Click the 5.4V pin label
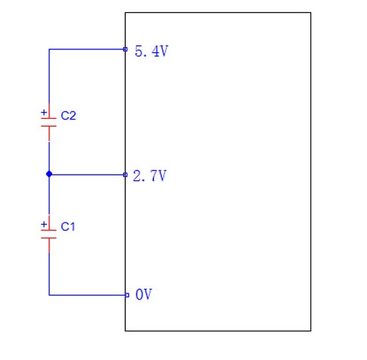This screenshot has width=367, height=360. [x=152, y=51]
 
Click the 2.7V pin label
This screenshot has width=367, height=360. [x=150, y=176]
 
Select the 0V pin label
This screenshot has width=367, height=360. [x=144, y=294]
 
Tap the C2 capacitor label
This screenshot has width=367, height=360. [x=69, y=115]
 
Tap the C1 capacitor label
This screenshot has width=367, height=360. [x=68, y=227]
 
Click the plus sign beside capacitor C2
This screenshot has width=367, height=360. [x=44, y=112]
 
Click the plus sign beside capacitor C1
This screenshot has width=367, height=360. [x=44, y=224]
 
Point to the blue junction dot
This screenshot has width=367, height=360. [x=49, y=174]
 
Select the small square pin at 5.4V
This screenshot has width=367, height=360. [x=125, y=49]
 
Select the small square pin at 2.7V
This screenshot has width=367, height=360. [x=125, y=175]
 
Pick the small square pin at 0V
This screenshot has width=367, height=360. [x=127, y=296]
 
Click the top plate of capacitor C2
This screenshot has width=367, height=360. [x=49, y=118]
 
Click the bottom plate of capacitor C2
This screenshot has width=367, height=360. [x=49, y=126]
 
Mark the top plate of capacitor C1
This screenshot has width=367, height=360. [x=49, y=230]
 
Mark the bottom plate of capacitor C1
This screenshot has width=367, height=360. [x=49, y=238]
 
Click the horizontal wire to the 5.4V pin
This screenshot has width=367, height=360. [x=87, y=49]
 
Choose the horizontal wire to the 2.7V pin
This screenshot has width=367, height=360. [x=88, y=175]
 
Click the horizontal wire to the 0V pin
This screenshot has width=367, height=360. [x=87, y=296]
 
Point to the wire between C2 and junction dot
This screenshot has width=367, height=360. [x=49, y=156]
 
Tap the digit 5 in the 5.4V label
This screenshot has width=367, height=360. [x=139, y=51]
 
